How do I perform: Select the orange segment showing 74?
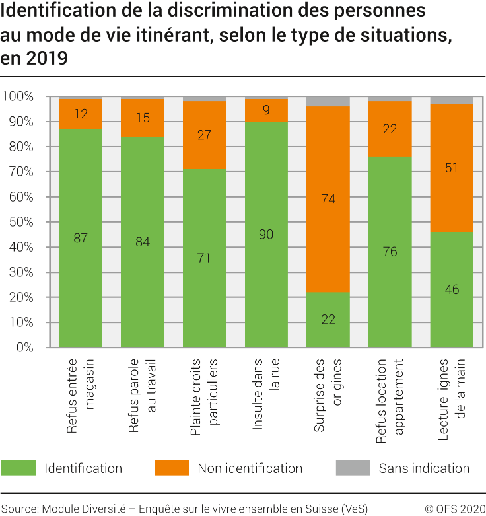point(328,199)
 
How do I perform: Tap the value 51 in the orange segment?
point(452,168)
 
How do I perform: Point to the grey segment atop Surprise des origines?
point(328,102)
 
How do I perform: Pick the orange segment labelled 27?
point(204,135)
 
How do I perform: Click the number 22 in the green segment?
point(328,320)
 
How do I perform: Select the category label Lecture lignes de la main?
point(452,400)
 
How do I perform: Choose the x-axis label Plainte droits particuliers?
point(204,400)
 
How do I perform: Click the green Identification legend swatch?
point(18,468)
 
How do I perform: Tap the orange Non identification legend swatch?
point(172,468)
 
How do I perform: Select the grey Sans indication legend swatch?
point(353,468)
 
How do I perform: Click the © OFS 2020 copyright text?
point(454,508)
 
